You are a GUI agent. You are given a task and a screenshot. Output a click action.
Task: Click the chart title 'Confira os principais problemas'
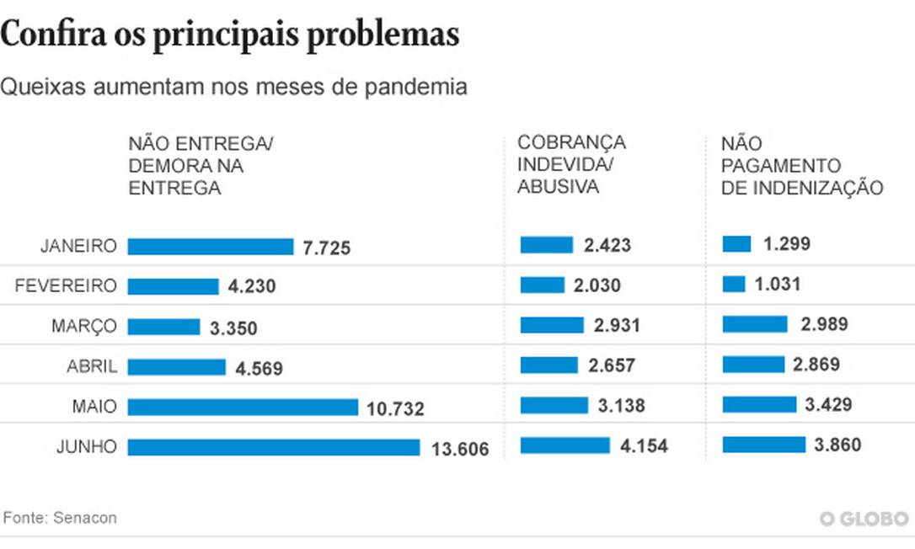[230, 35]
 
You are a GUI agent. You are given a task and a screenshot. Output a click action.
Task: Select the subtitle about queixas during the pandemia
[233, 87]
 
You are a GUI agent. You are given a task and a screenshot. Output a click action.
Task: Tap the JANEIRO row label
[78, 246]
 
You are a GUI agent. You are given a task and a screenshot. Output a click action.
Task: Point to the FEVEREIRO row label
[66, 286]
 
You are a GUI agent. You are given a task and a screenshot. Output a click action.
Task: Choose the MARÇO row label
[83, 326]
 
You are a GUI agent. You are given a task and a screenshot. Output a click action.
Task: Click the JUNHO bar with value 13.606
[274, 447]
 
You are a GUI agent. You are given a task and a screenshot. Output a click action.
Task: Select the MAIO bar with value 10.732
[243, 407]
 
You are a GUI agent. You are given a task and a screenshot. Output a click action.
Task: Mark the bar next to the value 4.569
[177, 367]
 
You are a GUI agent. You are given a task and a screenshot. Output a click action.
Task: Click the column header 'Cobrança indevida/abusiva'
[572, 165]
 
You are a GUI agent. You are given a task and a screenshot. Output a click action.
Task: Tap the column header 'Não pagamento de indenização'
[802, 166]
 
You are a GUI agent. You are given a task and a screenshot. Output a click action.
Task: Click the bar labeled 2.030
[543, 285]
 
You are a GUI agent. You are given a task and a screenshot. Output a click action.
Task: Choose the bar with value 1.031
[734, 285]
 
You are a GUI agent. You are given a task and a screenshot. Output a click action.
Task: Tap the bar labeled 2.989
[755, 324]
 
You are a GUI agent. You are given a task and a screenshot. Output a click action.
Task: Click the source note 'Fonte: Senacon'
[59, 518]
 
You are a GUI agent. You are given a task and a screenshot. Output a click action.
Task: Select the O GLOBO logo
[864, 519]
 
